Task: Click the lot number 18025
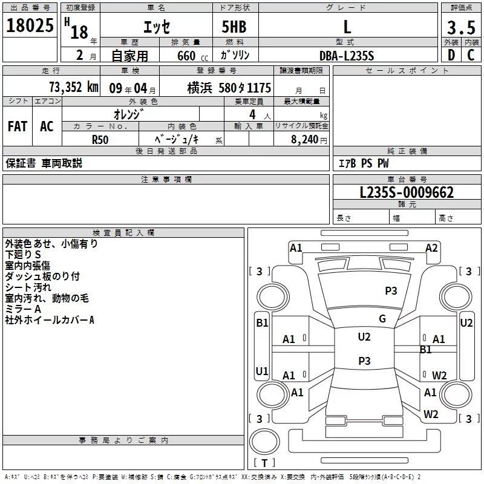click(x=30, y=25)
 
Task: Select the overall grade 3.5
click(x=461, y=27)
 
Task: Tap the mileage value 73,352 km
click(x=74, y=87)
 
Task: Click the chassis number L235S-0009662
click(x=407, y=192)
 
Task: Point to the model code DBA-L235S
click(x=347, y=56)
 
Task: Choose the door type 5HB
click(x=234, y=27)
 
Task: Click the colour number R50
click(x=100, y=140)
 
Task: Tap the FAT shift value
click(x=18, y=126)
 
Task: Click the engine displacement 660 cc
click(x=192, y=56)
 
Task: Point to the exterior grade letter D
click(x=451, y=55)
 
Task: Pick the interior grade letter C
click(x=471, y=55)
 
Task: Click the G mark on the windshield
click(x=382, y=319)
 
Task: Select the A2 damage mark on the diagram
click(x=431, y=248)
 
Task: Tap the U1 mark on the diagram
click(x=262, y=371)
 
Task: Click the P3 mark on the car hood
click(x=391, y=290)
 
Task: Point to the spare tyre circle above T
click(x=264, y=442)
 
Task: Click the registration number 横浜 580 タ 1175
click(x=229, y=88)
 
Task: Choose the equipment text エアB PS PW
click(x=364, y=163)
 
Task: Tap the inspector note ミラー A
click(x=23, y=309)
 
